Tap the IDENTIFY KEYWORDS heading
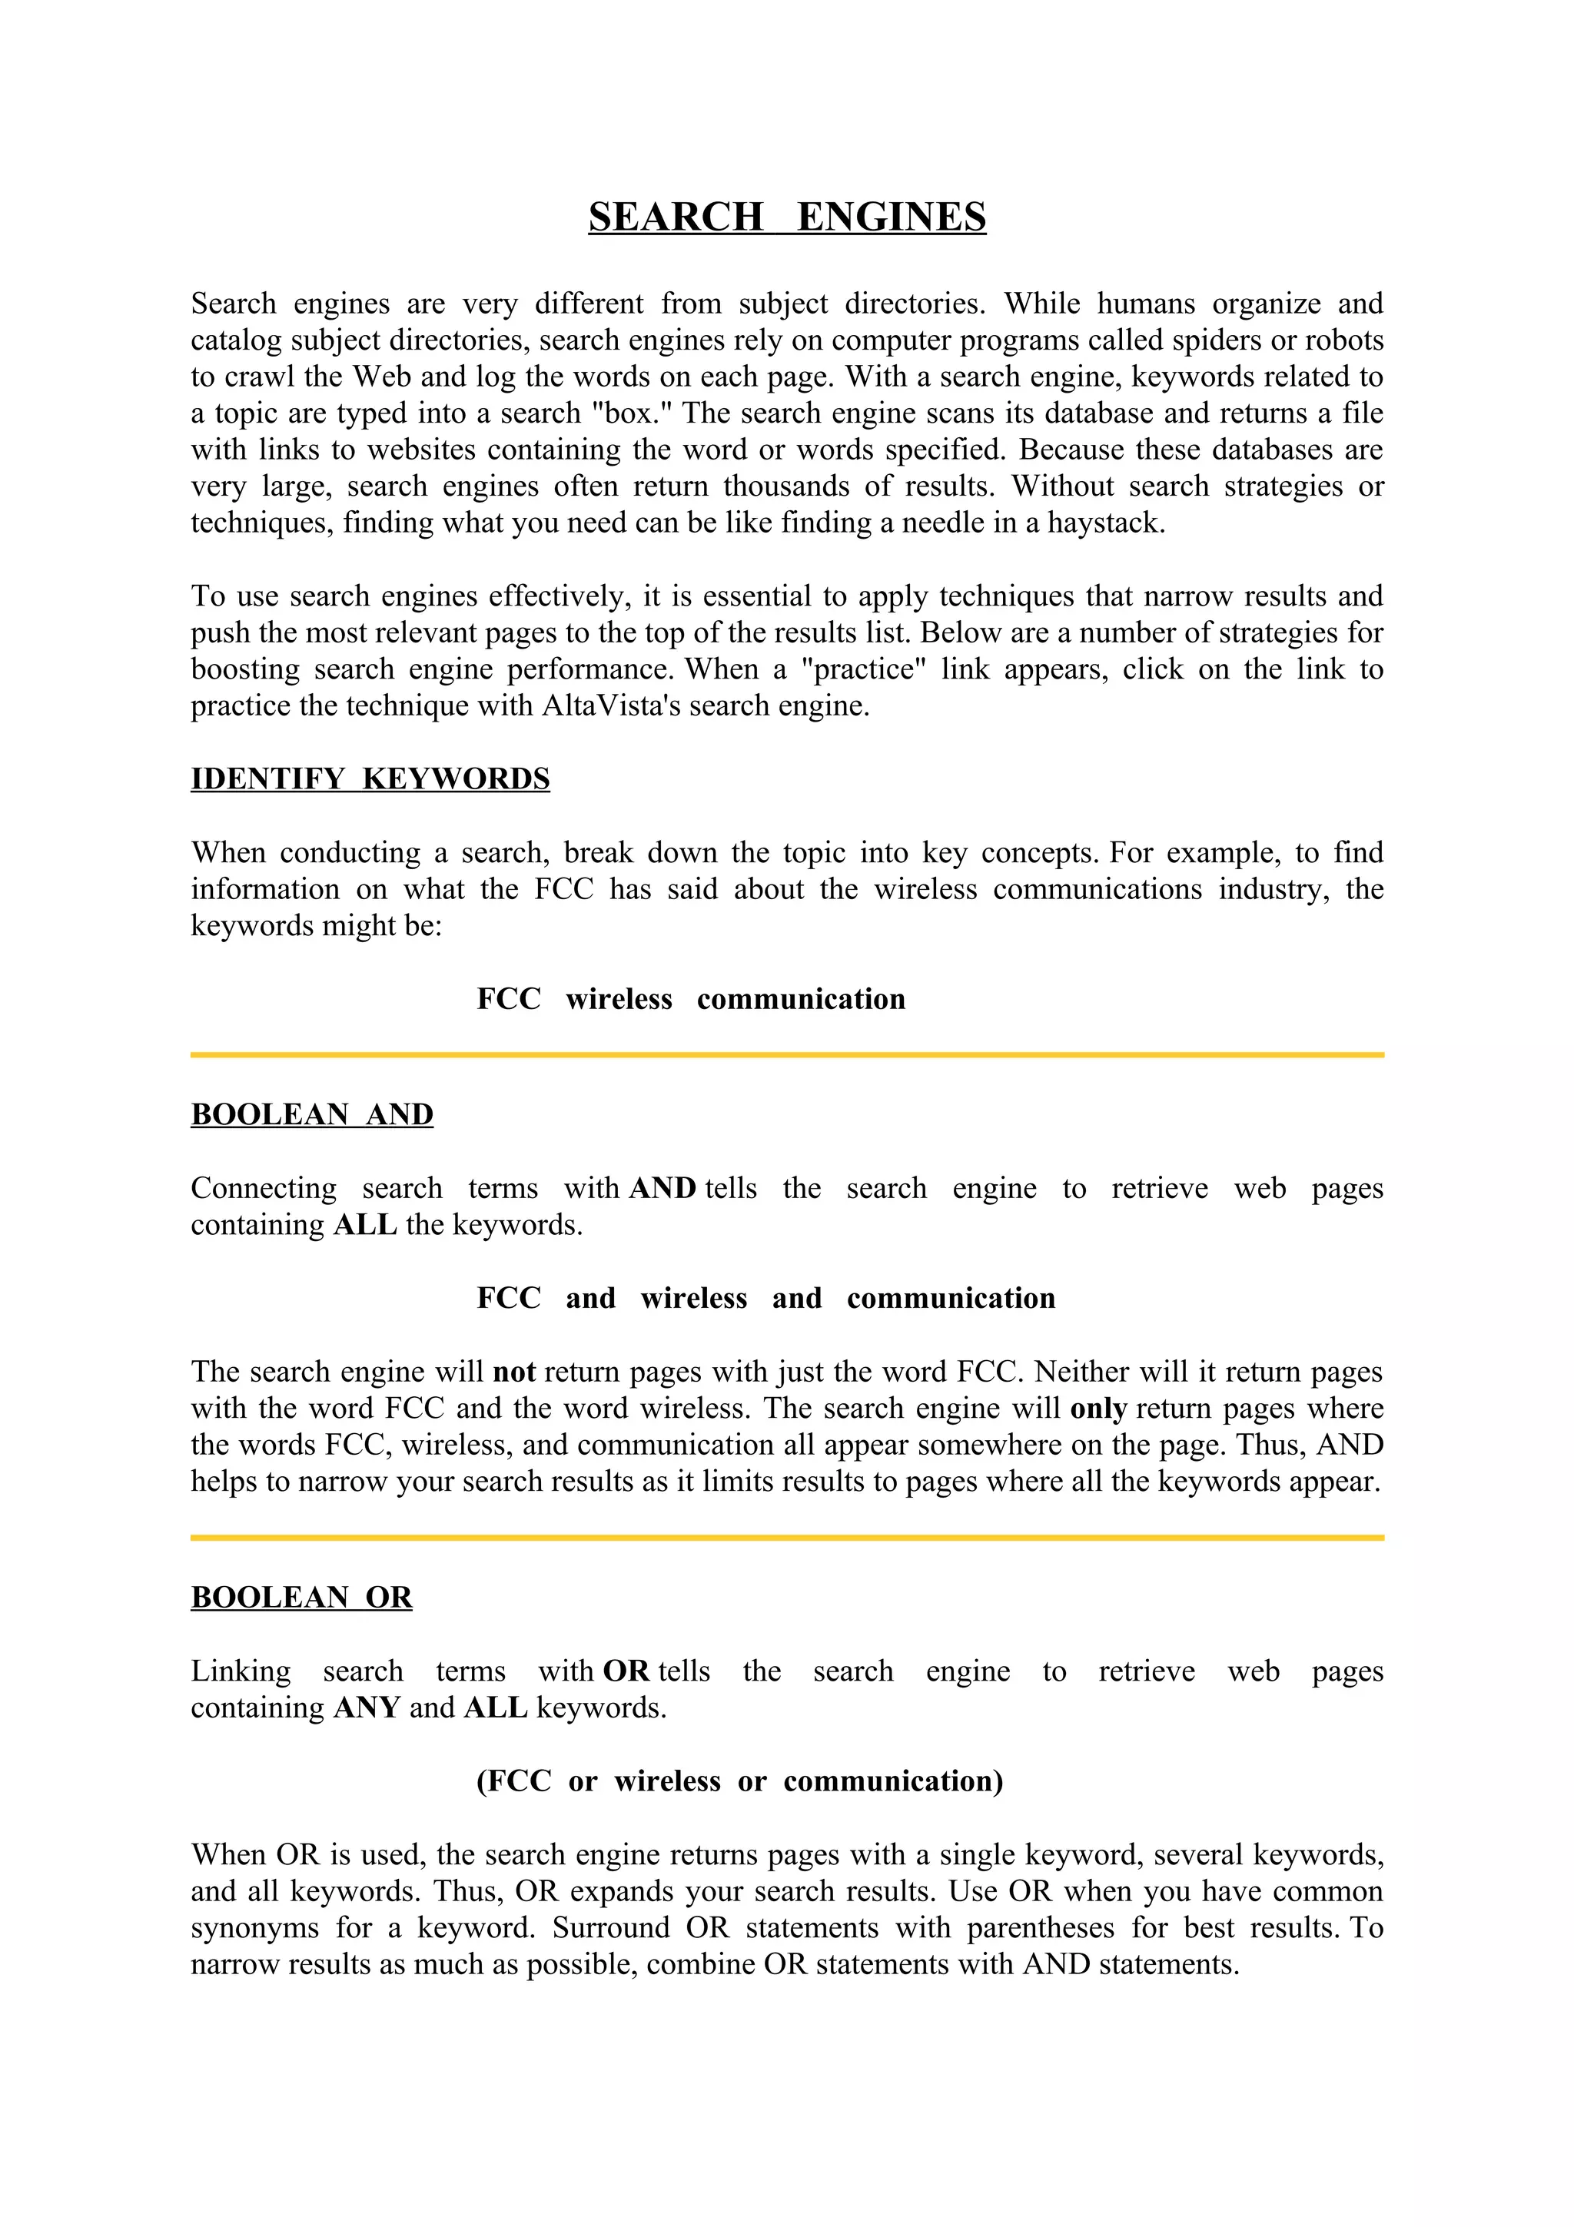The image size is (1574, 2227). point(370,779)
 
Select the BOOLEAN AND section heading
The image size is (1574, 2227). point(311,1114)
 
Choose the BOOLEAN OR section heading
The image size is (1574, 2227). point(301,1598)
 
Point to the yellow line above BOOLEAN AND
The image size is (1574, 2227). point(786,1054)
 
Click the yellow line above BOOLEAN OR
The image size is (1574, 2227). point(786,1538)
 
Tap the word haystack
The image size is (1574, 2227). point(1106,524)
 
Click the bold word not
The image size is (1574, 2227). point(514,1372)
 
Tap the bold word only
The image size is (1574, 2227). point(1097,1409)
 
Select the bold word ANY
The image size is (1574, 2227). point(367,1708)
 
